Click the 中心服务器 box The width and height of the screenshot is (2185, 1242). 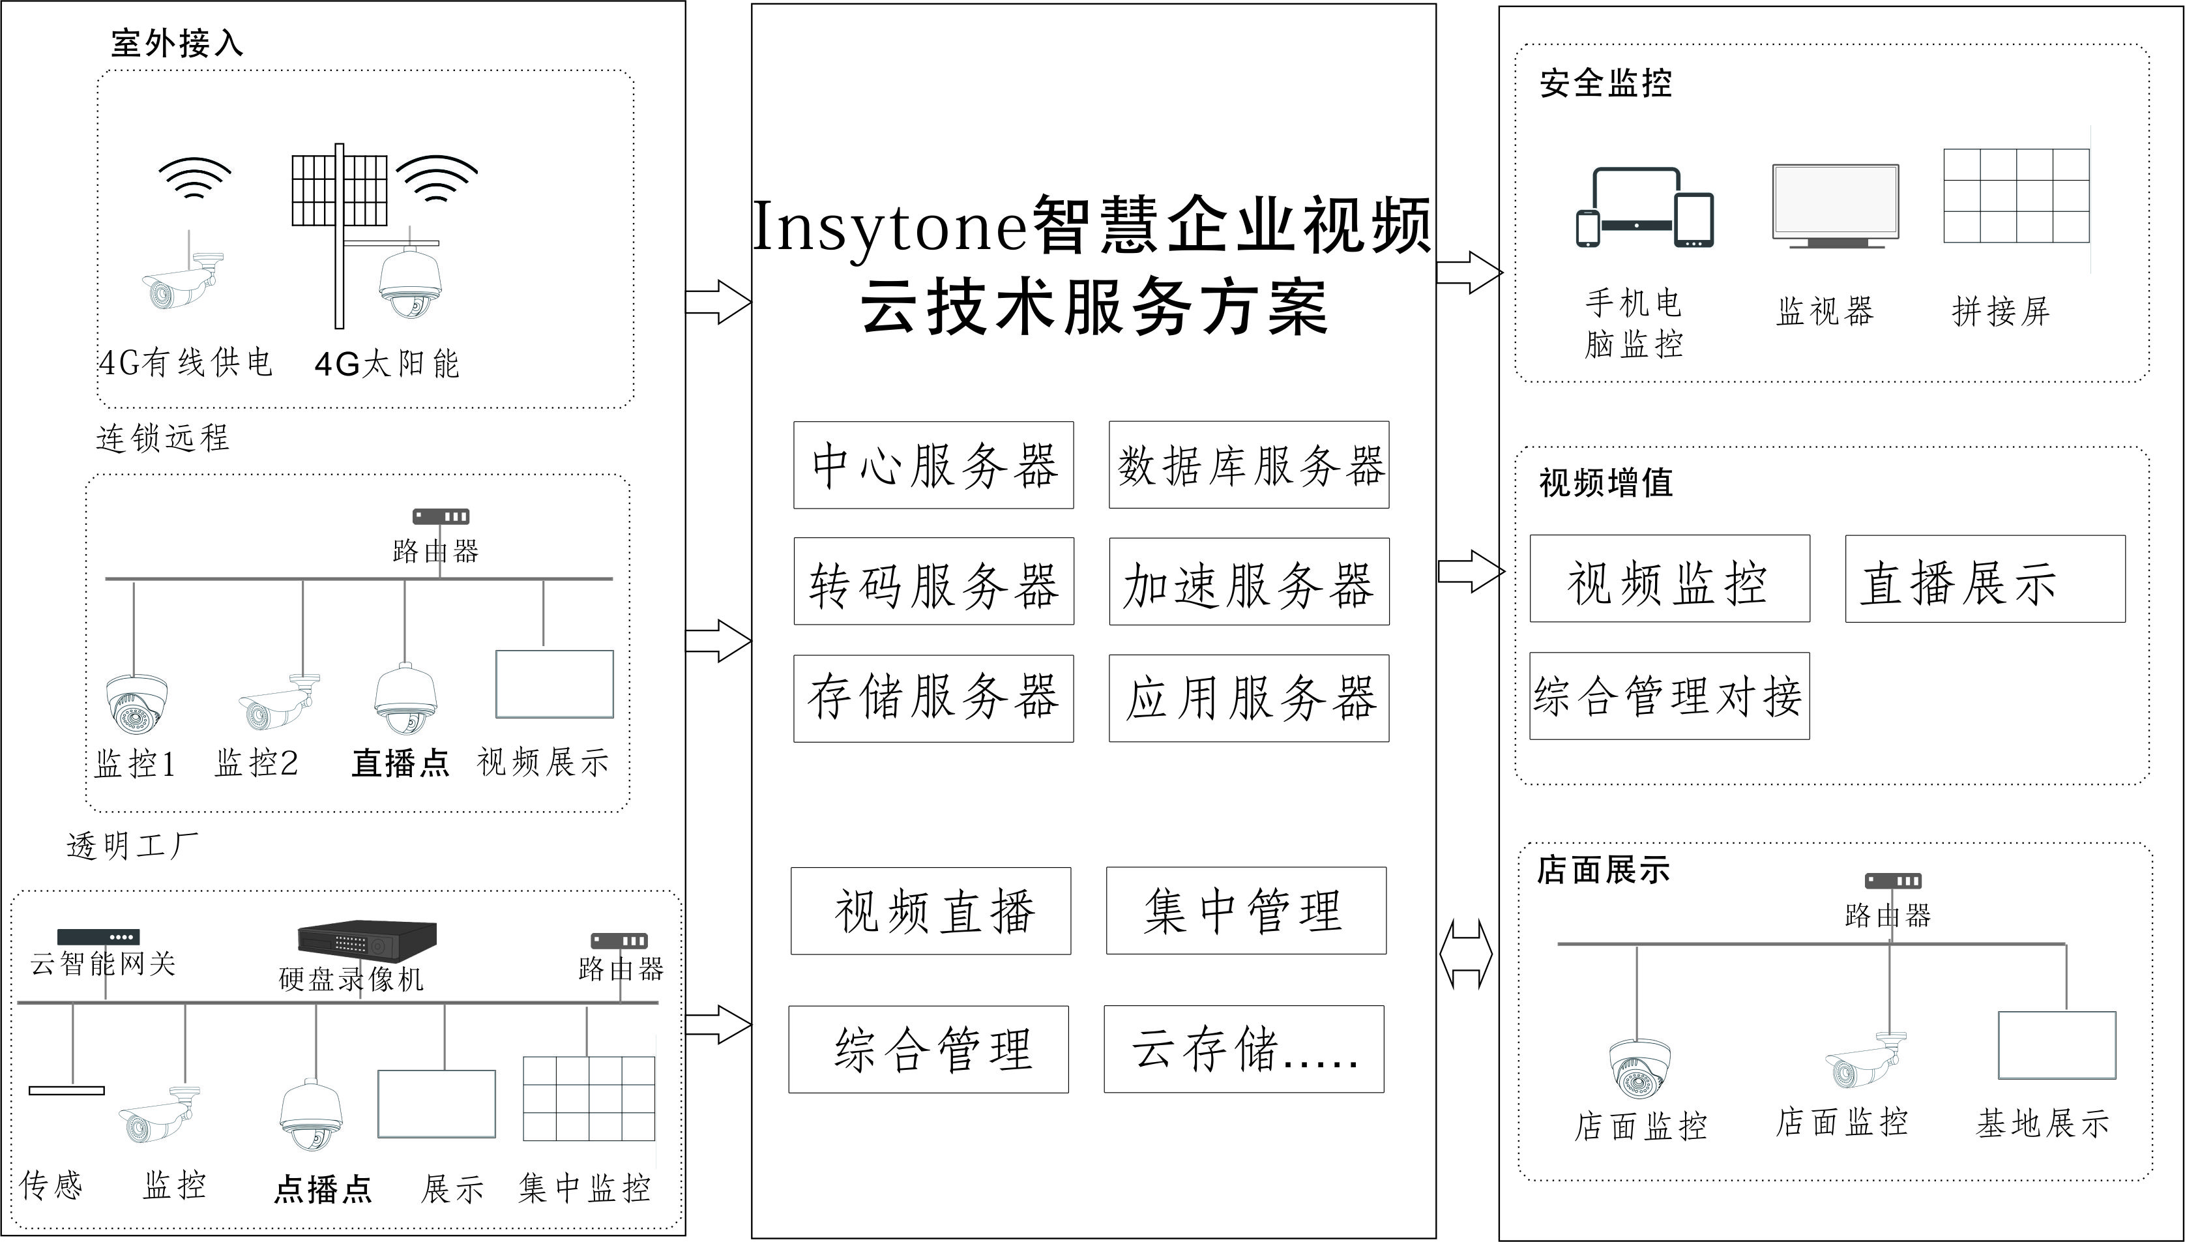coord(933,465)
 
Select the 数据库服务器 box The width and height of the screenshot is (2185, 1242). coord(1248,465)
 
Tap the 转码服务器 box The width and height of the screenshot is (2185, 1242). coord(933,582)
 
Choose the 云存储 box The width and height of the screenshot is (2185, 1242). coord(1244,1049)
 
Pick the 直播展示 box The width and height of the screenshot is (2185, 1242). coord(1985,579)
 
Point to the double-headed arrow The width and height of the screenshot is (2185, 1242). coord(1465,954)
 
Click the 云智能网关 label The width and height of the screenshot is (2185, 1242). coord(102,964)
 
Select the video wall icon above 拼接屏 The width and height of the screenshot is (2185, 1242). coord(2016,196)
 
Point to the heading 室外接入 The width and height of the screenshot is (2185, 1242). coord(177,42)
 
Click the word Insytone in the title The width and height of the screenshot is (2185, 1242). coord(890,227)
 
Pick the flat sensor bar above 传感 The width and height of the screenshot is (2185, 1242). coord(66,1090)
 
